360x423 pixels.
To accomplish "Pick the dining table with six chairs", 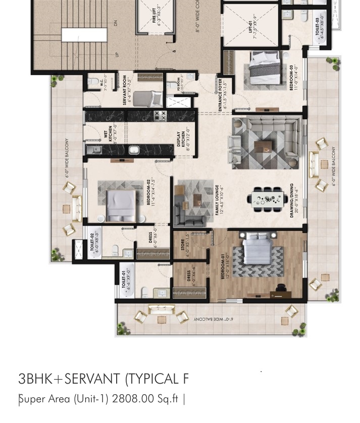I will [x=268, y=196].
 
